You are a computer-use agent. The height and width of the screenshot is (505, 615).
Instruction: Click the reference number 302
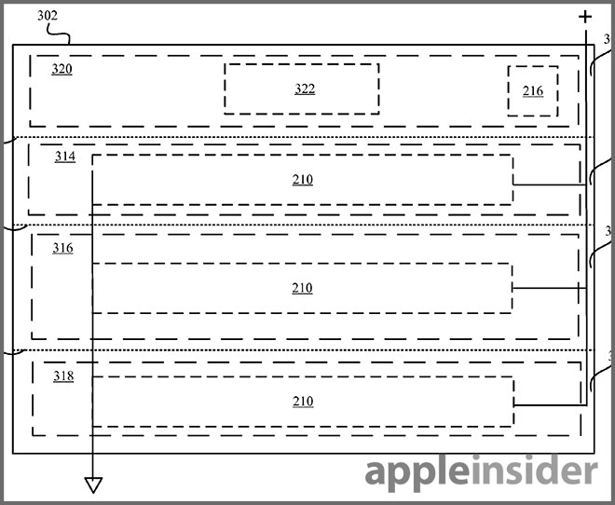click(x=48, y=16)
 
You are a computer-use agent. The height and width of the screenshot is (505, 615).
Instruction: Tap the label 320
click(x=62, y=69)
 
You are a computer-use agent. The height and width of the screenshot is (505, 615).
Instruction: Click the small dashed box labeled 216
click(x=533, y=90)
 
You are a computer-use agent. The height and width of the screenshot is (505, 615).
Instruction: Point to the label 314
click(x=64, y=157)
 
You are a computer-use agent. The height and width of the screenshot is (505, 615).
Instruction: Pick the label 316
click(x=62, y=248)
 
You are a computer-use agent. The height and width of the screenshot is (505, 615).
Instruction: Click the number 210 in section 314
click(x=302, y=180)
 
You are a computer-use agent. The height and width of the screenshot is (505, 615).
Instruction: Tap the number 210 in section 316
click(x=302, y=289)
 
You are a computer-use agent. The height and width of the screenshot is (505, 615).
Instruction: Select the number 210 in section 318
click(x=302, y=402)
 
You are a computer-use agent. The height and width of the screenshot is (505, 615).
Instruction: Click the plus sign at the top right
click(x=585, y=17)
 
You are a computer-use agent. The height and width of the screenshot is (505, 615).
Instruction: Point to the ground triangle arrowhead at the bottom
click(x=93, y=485)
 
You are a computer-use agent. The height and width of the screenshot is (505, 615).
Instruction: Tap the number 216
click(x=533, y=91)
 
